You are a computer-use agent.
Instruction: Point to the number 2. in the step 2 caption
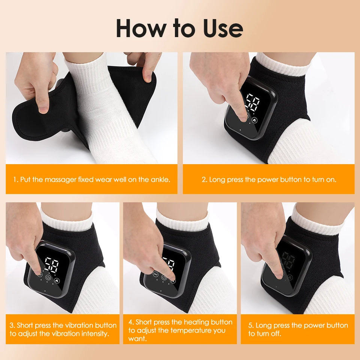[x=204, y=179]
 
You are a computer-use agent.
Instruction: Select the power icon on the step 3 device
[x=48, y=278]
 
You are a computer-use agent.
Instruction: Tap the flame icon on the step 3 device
[x=57, y=280]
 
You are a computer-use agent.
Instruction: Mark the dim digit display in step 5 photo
[x=288, y=260]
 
